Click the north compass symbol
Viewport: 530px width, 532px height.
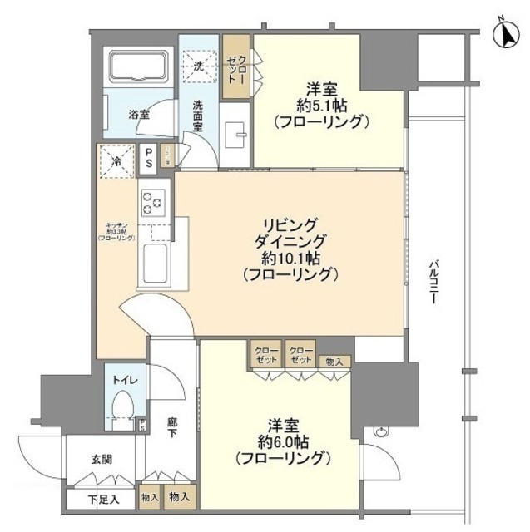(504, 34)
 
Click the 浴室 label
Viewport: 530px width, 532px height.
(138, 114)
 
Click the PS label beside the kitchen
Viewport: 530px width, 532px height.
(148, 157)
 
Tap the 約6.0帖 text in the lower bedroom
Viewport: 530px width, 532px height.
(285, 441)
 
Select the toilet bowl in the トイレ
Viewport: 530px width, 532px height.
(121, 409)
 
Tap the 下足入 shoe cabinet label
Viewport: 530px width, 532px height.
(104, 500)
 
